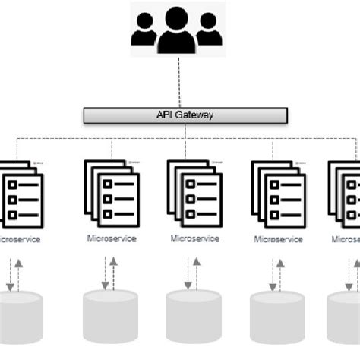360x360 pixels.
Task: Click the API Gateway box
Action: [185, 115]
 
